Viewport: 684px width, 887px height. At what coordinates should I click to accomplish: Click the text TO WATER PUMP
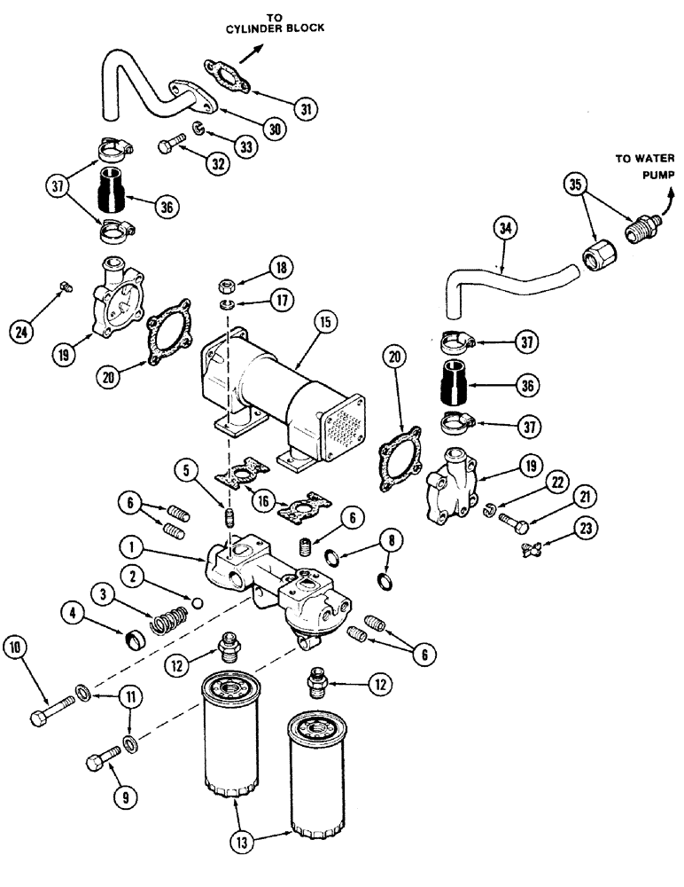point(642,168)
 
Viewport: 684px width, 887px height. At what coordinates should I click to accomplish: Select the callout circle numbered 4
point(73,610)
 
